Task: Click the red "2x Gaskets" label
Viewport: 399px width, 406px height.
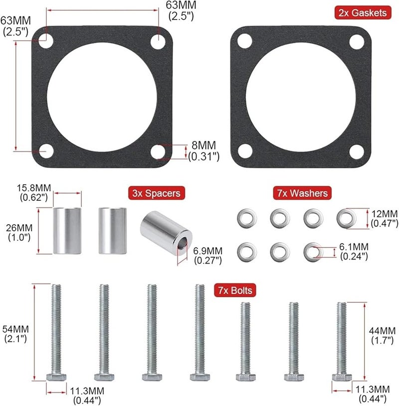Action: click(x=362, y=13)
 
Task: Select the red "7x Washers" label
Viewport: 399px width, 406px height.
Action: click(x=301, y=193)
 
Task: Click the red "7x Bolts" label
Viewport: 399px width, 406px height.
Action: click(x=234, y=290)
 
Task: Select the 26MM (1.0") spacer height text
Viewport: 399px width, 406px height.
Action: click(x=20, y=232)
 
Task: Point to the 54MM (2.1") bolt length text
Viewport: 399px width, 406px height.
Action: click(x=15, y=334)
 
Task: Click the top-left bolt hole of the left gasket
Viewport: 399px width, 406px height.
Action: click(x=46, y=40)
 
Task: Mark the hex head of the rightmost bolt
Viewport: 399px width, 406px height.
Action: click(x=341, y=377)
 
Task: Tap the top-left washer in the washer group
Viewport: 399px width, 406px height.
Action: click(x=246, y=217)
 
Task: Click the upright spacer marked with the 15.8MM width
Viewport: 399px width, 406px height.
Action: click(x=67, y=231)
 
